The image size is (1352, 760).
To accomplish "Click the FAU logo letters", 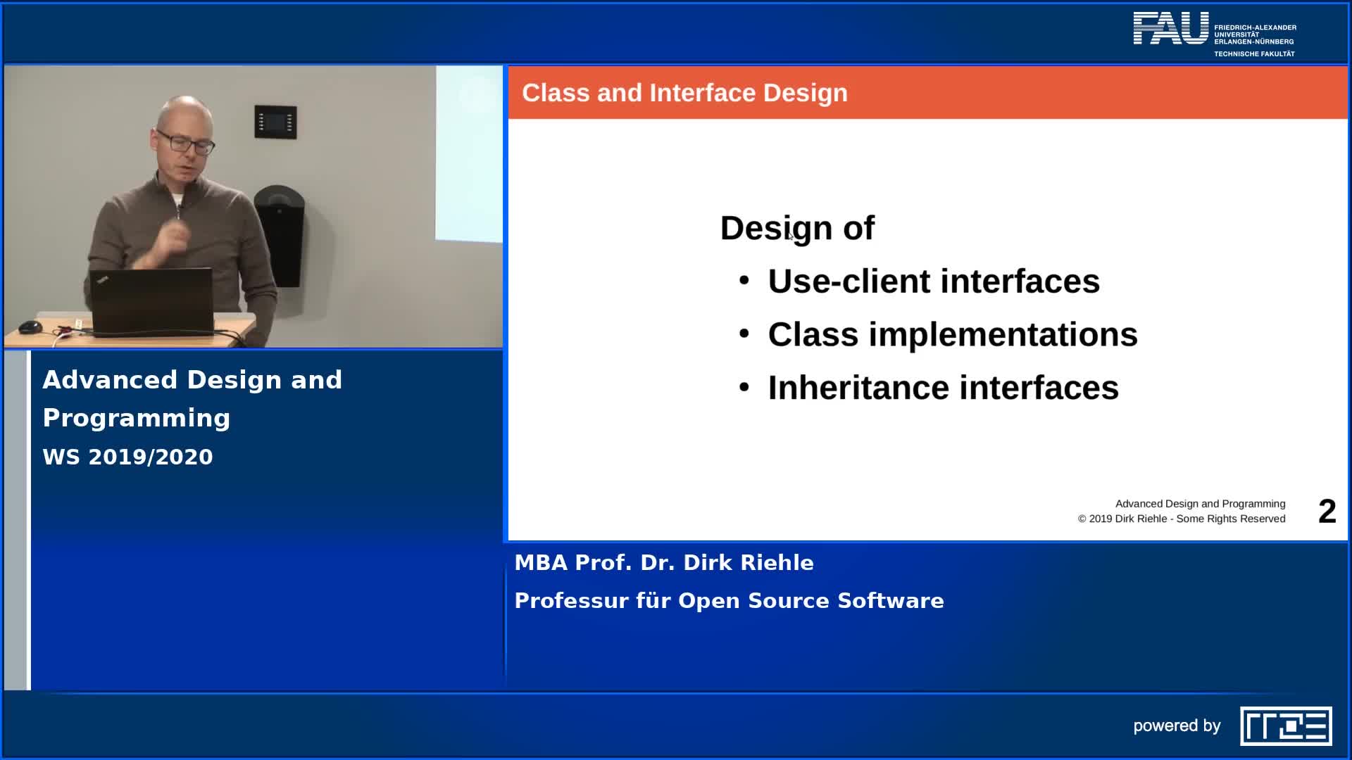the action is pyautogui.click(x=1170, y=29).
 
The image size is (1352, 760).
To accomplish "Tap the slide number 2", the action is pyautogui.click(x=1327, y=512).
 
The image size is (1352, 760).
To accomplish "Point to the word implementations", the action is pyautogui.click(x=1003, y=335).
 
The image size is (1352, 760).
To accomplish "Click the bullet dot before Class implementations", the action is pyautogui.click(x=744, y=334).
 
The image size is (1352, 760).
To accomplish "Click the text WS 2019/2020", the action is pyautogui.click(x=127, y=457).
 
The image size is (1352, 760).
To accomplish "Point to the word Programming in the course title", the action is pyautogui.click(x=137, y=419).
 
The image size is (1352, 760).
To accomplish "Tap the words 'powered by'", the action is pyautogui.click(x=1177, y=726).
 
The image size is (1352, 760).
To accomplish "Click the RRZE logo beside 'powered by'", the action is pyautogui.click(x=1286, y=726).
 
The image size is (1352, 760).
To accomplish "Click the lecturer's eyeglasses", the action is pyautogui.click(x=184, y=141).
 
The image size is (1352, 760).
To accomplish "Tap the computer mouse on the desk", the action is pyautogui.click(x=30, y=327).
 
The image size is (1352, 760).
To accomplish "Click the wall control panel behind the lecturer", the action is pyautogui.click(x=275, y=122).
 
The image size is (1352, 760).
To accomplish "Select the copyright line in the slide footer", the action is pyautogui.click(x=1182, y=519).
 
